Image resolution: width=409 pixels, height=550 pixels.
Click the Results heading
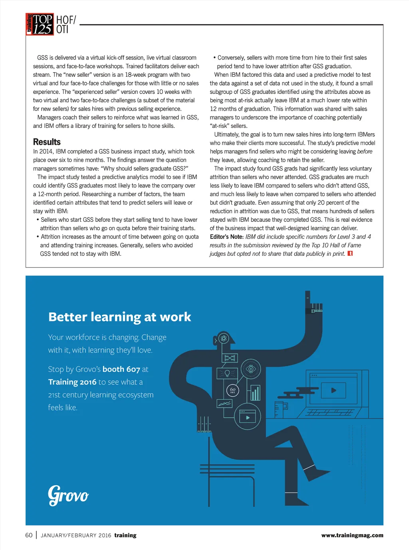(x=47, y=142)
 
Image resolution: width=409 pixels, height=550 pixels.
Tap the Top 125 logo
(x=40, y=24)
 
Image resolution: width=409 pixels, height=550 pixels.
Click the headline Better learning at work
(x=119, y=317)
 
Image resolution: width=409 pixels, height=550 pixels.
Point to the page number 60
(x=29, y=535)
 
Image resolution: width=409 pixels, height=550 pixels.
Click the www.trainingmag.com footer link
(x=352, y=535)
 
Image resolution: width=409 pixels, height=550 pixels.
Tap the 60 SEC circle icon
(x=233, y=390)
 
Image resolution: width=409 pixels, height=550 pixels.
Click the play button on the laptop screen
(x=334, y=391)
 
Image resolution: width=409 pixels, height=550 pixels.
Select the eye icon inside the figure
(x=251, y=369)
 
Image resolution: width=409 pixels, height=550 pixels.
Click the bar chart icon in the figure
(x=255, y=393)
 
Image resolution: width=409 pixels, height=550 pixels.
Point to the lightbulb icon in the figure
(x=227, y=373)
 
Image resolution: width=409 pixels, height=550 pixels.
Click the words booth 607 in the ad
(x=121, y=369)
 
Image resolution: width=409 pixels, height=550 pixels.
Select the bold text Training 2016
(x=72, y=382)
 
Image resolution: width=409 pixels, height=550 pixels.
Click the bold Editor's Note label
(x=226, y=237)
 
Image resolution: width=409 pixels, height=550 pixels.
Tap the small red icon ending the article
(x=350, y=253)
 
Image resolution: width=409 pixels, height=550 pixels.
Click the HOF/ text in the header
(x=66, y=20)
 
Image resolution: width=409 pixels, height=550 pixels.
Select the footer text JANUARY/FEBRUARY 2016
(x=76, y=536)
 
